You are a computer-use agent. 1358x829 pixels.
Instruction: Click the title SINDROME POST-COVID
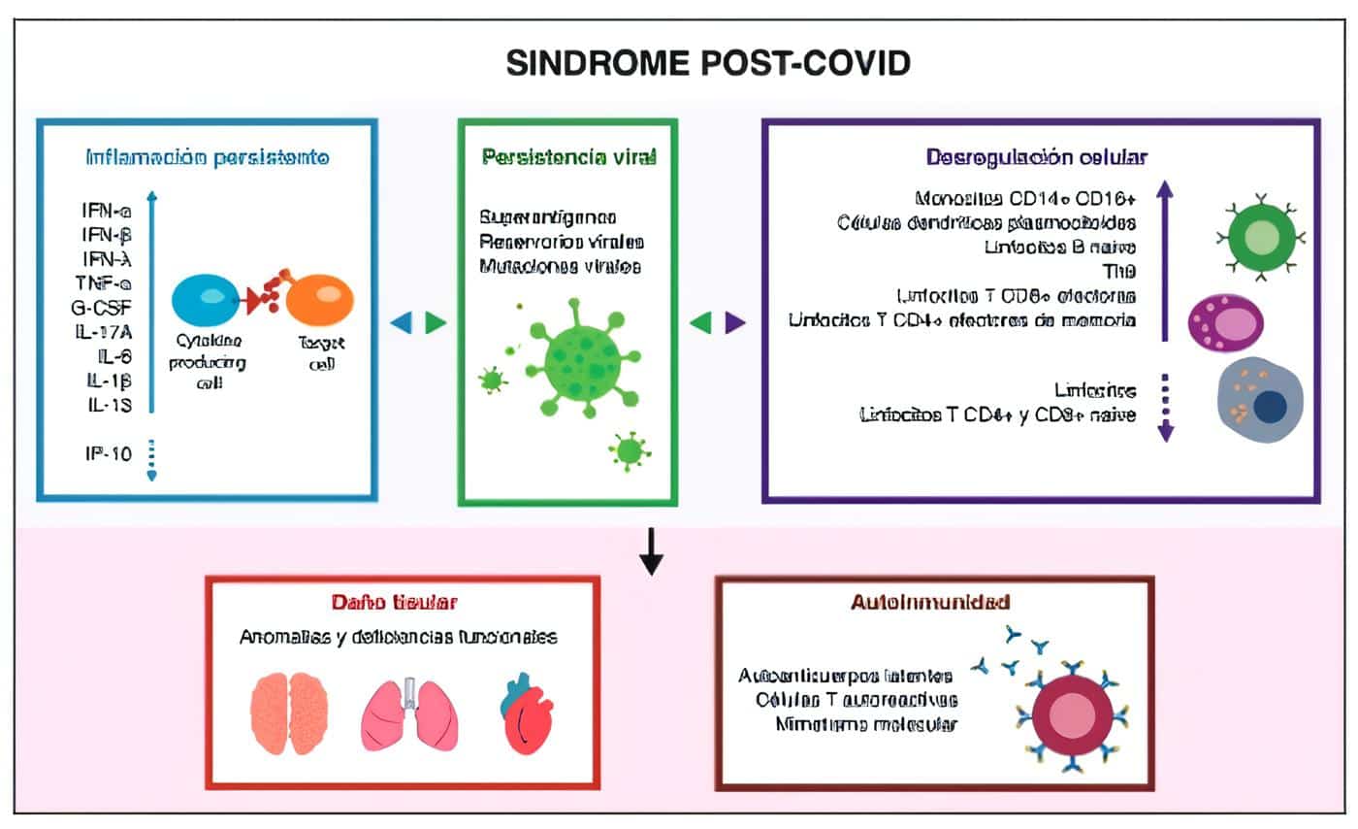pos(708,63)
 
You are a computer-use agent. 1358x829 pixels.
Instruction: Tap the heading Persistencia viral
pos(568,156)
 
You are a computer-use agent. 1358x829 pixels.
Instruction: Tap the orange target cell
pos(320,299)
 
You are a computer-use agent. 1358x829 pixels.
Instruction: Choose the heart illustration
pos(530,714)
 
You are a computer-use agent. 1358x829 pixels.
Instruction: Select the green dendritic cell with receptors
pos(1261,237)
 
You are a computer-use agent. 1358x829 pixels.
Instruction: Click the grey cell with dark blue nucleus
pos(1262,401)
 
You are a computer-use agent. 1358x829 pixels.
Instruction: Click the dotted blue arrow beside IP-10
pos(151,458)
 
